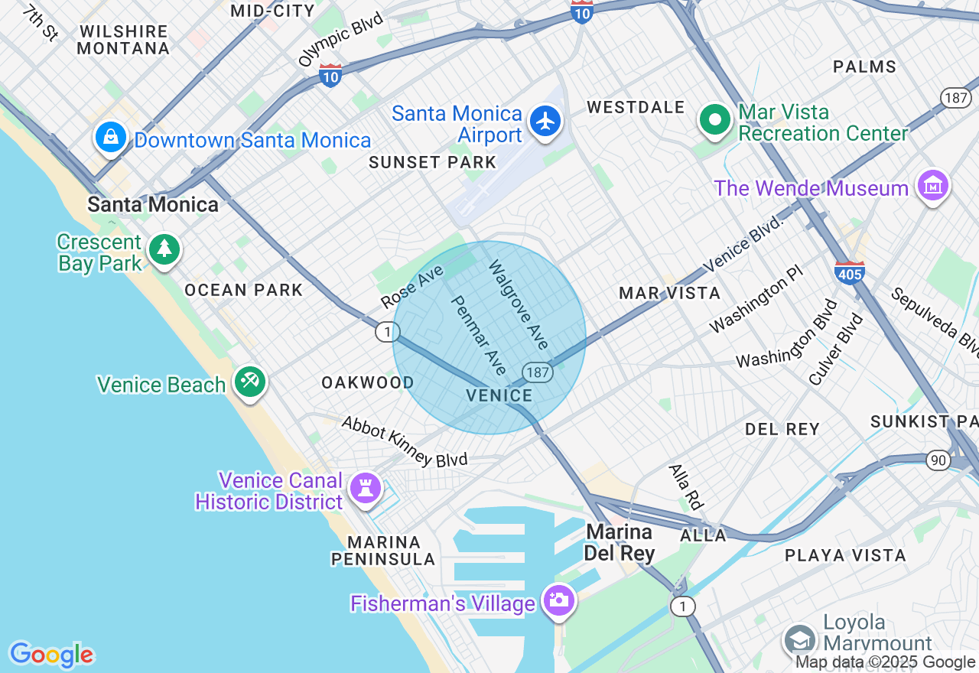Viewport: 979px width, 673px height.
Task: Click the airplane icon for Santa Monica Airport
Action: [x=545, y=122]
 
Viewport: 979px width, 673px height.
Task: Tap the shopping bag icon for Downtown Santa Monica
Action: [x=111, y=138]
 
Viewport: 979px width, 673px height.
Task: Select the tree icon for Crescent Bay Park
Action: [x=164, y=249]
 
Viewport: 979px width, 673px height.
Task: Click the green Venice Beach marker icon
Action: [x=249, y=381]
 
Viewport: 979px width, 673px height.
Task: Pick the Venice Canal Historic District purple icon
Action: [x=365, y=487]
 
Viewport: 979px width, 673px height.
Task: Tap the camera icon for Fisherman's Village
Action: [x=559, y=599]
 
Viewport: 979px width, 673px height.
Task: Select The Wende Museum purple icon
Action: [x=933, y=185]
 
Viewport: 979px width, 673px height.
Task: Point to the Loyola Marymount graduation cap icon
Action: [x=799, y=639]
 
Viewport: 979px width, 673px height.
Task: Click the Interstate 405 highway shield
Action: [x=850, y=271]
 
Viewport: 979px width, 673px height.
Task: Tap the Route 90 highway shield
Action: [x=938, y=460]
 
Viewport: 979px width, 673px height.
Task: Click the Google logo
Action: [x=52, y=655]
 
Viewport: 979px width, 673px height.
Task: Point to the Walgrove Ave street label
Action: [x=519, y=304]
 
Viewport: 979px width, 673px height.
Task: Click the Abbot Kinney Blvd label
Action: [x=404, y=442]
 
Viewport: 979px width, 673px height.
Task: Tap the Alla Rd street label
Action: [x=686, y=486]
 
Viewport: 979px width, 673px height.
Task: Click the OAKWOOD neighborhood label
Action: [x=367, y=382]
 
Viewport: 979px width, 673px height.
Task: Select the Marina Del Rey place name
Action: [x=620, y=541]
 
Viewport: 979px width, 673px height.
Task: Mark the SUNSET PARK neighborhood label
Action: [x=432, y=162]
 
